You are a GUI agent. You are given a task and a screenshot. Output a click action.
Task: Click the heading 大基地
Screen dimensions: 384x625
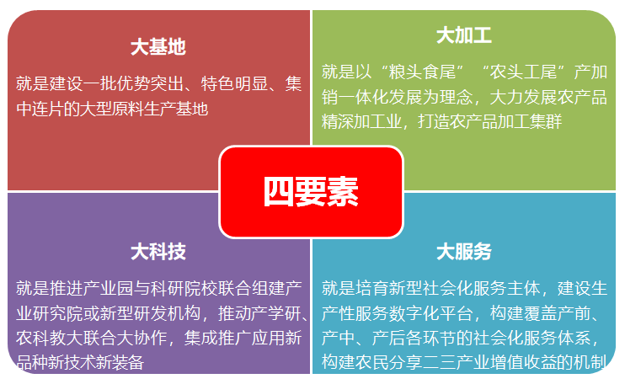tap(158, 47)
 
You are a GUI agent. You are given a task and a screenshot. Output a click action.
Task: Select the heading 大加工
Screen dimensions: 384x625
tap(464, 35)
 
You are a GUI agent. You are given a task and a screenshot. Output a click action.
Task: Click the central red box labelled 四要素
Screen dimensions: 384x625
tap(311, 192)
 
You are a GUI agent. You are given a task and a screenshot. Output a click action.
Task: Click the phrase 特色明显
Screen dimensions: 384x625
tap(238, 83)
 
